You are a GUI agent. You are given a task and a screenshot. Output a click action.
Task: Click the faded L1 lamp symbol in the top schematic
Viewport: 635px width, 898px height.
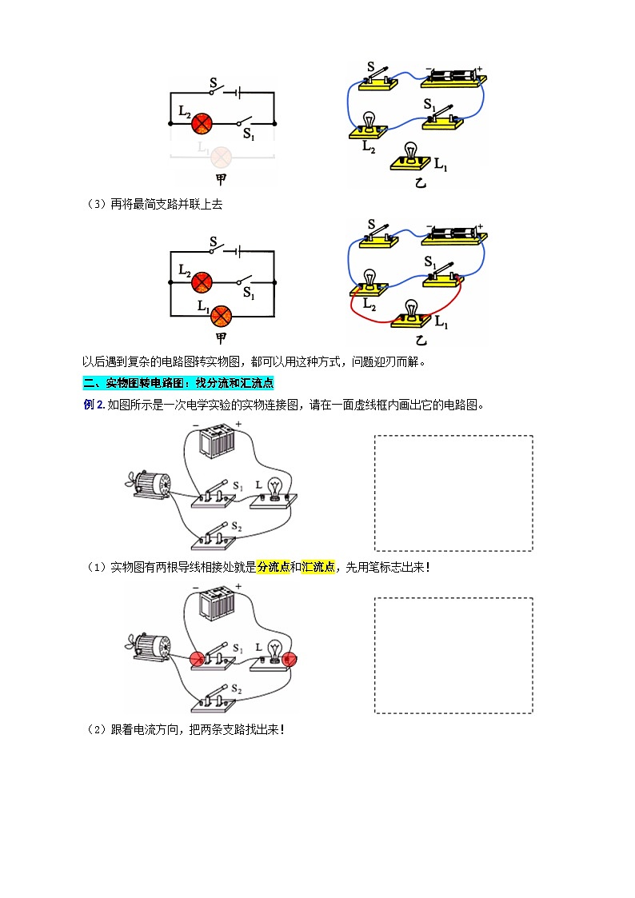[220, 155]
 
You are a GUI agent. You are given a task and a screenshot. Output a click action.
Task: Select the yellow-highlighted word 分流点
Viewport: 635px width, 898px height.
[273, 567]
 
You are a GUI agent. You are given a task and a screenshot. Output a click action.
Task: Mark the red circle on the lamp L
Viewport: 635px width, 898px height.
[290, 659]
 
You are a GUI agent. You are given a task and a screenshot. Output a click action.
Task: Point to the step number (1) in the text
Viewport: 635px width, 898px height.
[95, 567]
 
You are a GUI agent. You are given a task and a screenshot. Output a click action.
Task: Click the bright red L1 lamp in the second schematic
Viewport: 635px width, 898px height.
[220, 316]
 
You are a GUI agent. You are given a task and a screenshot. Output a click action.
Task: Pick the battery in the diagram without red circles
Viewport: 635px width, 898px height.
[216, 441]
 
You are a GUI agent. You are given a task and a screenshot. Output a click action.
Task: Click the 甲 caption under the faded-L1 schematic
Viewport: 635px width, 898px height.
[221, 179]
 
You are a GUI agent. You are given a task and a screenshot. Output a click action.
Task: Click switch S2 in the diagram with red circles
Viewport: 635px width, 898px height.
[214, 698]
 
